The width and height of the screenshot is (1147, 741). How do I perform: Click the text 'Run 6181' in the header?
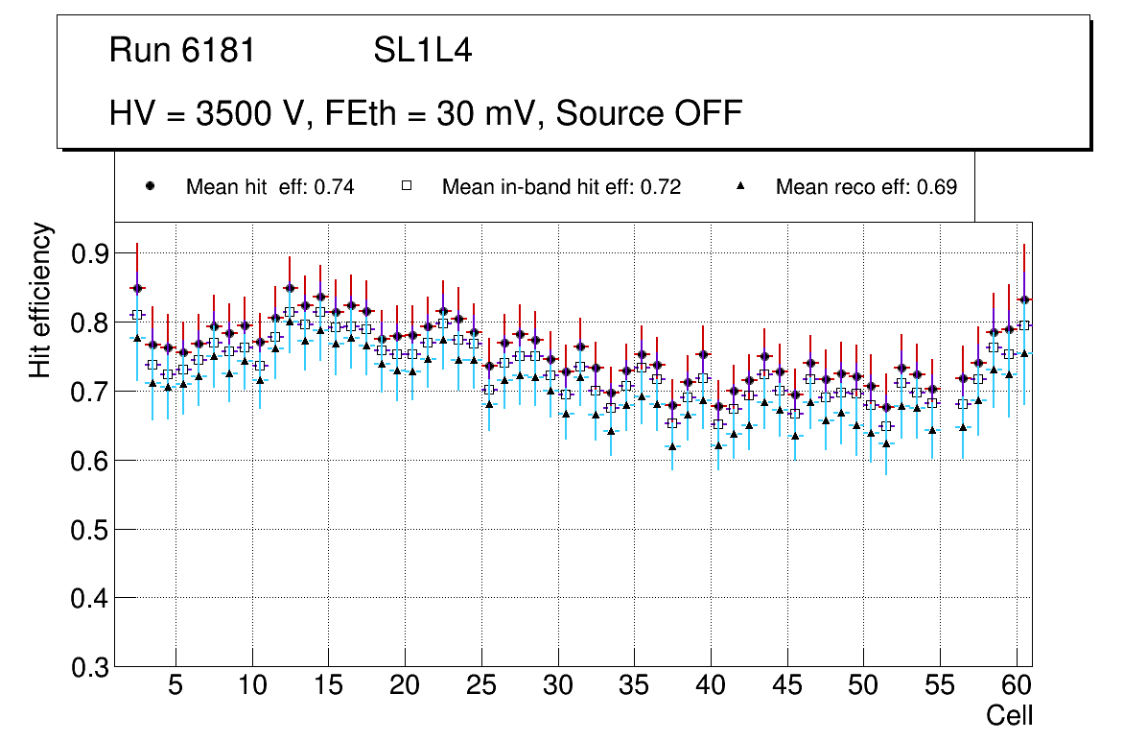(x=182, y=50)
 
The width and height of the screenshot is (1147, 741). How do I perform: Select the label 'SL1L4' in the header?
(x=422, y=50)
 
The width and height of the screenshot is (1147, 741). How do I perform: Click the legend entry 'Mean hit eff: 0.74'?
(x=269, y=187)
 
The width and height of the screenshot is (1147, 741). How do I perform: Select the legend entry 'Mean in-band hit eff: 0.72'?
(x=561, y=187)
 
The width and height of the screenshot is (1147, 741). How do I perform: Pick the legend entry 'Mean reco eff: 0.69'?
(x=866, y=187)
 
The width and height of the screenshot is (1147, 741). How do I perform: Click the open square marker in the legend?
(x=407, y=186)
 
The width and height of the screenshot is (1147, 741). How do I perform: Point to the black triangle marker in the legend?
(x=741, y=186)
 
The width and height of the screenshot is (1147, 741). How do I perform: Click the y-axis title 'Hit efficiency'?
(x=40, y=299)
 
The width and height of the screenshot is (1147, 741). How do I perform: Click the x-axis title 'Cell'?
(x=1010, y=715)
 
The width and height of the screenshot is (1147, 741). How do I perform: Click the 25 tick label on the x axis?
(x=481, y=687)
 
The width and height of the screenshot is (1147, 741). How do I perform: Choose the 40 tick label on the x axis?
(x=711, y=687)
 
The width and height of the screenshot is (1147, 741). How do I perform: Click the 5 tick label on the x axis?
(x=176, y=687)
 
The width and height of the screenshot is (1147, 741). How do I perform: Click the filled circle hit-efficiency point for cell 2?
(x=137, y=288)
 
